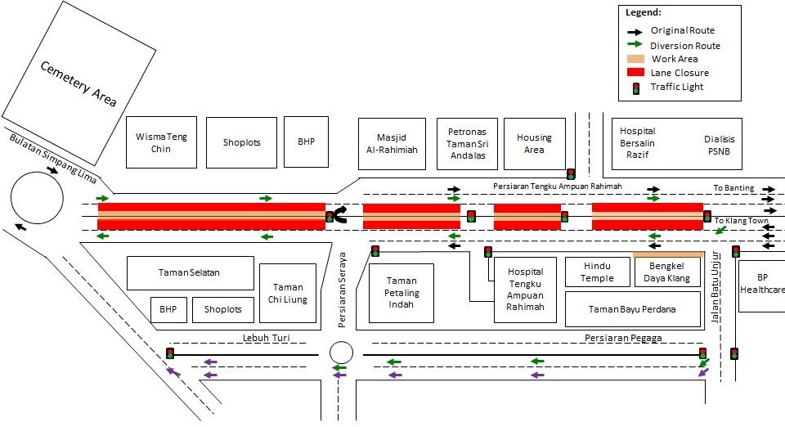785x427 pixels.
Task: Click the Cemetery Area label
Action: [78, 83]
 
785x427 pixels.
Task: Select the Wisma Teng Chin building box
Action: [161, 142]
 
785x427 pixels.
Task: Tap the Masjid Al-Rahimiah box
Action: [391, 143]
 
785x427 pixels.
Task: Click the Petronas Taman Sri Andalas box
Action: [467, 143]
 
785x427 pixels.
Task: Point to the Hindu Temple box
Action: [597, 272]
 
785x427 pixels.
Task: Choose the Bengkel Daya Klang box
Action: [668, 272]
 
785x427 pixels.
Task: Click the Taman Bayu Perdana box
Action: [633, 309]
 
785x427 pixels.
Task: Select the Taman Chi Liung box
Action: [287, 293]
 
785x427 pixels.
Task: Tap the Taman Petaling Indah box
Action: [401, 293]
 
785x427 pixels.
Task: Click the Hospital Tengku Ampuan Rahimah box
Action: [525, 290]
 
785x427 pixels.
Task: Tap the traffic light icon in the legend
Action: [635, 88]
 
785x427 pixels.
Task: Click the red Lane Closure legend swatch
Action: [635, 73]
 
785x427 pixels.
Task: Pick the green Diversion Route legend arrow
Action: [635, 45]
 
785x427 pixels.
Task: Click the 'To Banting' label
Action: [733, 188]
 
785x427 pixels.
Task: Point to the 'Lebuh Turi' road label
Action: [262, 338]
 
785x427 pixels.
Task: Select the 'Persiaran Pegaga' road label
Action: [622, 338]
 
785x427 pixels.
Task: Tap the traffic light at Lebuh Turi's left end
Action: [170, 353]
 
